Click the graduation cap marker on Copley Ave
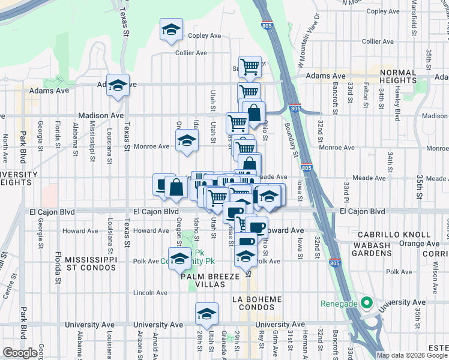(x=171, y=29)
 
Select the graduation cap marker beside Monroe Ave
(x=187, y=142)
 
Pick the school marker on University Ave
(x=206, y=314)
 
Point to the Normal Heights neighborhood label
(x=402, y=77)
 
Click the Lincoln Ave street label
(x=151, y=293)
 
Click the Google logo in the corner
(x=20, y=353)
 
